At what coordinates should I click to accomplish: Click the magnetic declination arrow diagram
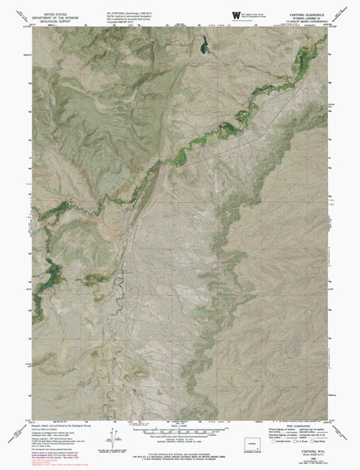114,438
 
